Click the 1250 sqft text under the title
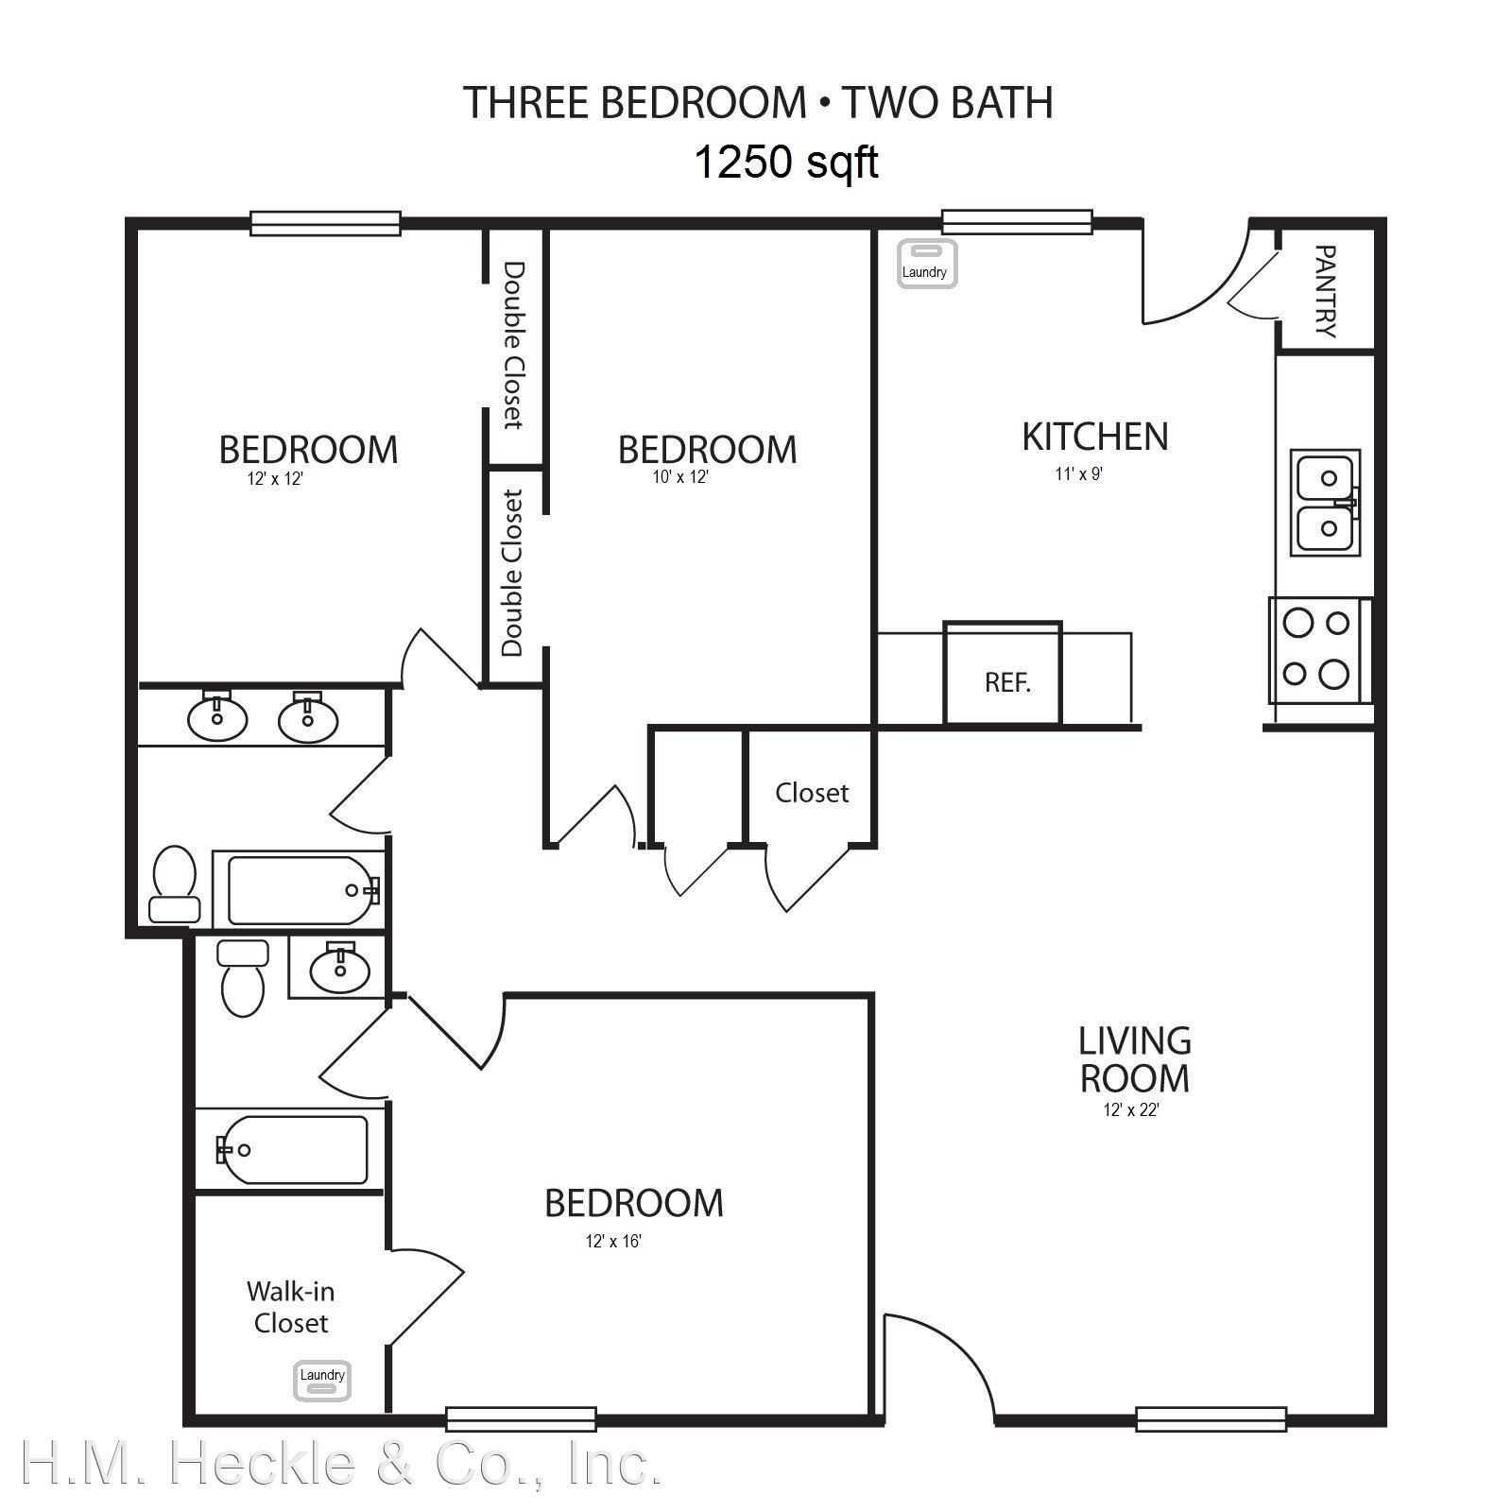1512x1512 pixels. click(x=786, y=162)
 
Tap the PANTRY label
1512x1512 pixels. click(x=1326, y=291)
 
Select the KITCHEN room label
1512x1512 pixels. click(x=1095, y=437)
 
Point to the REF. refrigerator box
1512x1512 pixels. click(x=1003, y=673)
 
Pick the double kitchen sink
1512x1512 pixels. click(x=1325, y=503)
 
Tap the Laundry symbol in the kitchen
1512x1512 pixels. click(x=926, y=264)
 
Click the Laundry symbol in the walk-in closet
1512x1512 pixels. click(x=322, y=1379)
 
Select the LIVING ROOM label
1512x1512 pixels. click(x=1134, y=1059)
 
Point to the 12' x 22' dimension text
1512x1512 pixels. click(x=1131, y=1110)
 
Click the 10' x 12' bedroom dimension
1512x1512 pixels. click(x=680, y=477)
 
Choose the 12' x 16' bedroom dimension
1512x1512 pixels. click(x=613, y=1241)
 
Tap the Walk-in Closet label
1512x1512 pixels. click(x=290, y=1307)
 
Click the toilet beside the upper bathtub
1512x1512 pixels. click(x=175, y=885)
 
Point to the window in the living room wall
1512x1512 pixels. click(x=1211, y=1419)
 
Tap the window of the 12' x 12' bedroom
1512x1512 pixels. click(x=326, y=223)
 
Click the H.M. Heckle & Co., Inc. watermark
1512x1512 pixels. click(x=340, y=1464)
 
